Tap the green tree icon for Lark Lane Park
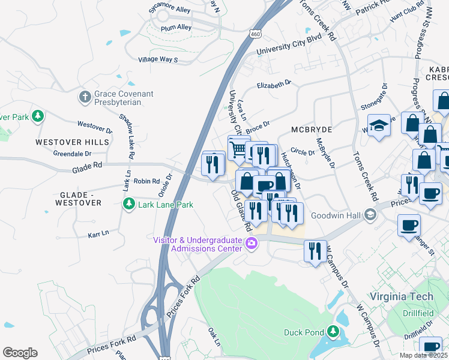[128, 205]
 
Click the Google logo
[20, 353]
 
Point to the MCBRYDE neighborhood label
[312, 130]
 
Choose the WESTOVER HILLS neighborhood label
[72, 142]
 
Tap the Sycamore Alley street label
[171, 10]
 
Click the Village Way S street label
[158, 59]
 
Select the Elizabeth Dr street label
[274, 85]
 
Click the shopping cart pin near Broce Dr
[238, 146]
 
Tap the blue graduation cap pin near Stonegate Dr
[379, 125]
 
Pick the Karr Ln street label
[98, 232]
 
